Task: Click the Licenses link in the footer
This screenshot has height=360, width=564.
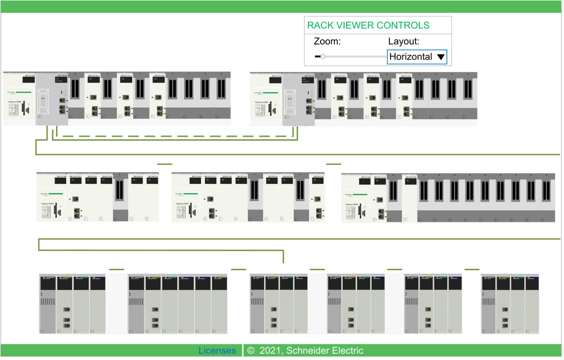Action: pos(217,351)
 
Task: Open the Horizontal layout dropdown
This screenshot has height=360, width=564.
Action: pos(417,57)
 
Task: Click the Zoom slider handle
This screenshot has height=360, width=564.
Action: pos(323,57)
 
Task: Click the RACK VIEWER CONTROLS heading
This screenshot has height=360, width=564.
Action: pos(368,26)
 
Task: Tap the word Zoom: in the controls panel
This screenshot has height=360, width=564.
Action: pos(327,42)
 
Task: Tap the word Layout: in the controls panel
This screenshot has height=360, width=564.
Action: pos(403,42)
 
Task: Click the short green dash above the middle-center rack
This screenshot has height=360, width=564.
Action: pos(164,164)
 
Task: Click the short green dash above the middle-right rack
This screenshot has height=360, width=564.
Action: pos(333,164)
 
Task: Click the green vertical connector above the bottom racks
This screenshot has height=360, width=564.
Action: pos(283,256)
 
